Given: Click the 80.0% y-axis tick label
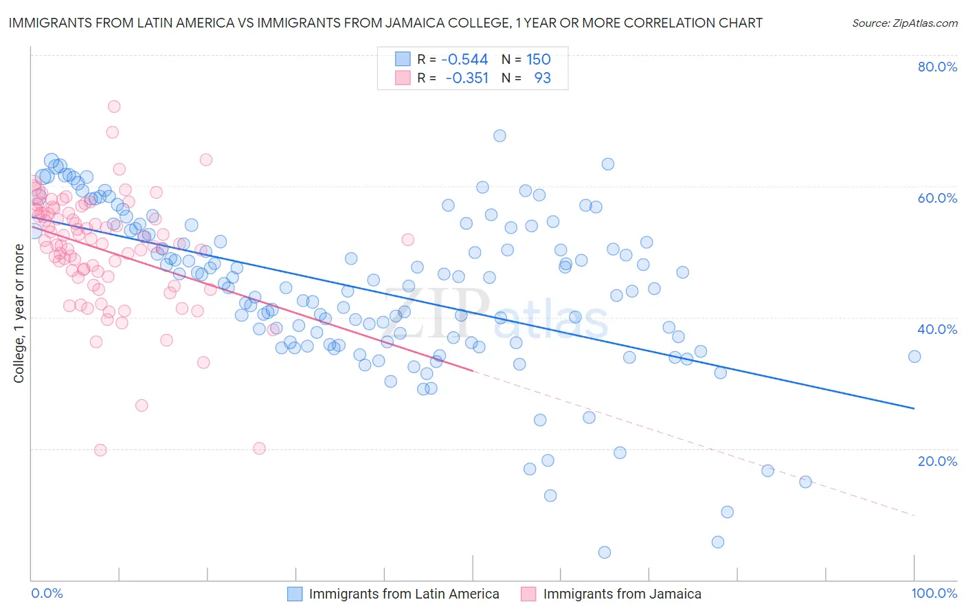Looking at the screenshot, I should (937, 67).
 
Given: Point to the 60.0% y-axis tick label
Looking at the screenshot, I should (937, 198).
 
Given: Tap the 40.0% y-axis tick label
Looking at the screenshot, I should (937, 329).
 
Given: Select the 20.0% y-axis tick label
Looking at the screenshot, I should (937, 460).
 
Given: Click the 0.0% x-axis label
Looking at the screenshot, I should (47, 593).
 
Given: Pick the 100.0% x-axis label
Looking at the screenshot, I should (934, 593).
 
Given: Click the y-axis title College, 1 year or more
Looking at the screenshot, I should (19, 313).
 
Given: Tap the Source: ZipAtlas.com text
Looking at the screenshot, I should (904, 23).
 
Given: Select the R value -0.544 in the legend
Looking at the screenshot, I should (464, 60).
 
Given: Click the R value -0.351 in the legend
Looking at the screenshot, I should (467, 78).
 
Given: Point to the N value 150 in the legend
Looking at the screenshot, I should (539, 60).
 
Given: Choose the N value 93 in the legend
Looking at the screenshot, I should (542, 78).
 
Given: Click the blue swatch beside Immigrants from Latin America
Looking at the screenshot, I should (295, 594).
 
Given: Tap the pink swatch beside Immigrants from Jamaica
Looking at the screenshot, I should (528, 594).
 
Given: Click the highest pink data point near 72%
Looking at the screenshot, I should (114, 107).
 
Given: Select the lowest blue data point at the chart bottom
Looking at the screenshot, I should (605, 553).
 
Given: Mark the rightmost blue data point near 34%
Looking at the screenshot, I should (914, 356).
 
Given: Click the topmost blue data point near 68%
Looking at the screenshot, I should (499, 136).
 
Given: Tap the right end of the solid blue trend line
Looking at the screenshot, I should (914, 408).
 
